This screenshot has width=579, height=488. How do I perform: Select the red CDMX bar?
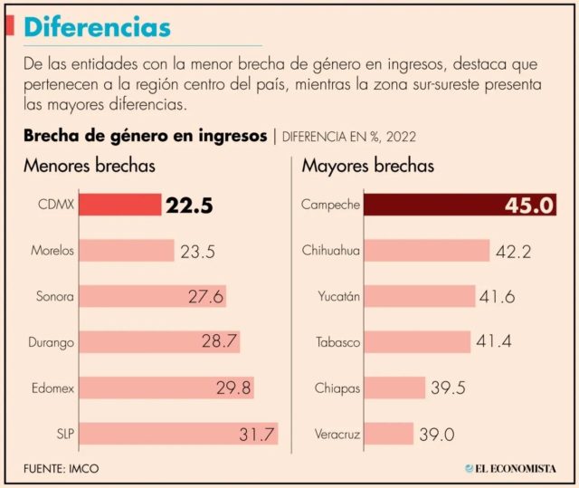120,206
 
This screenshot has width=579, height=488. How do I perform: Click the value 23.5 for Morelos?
197,252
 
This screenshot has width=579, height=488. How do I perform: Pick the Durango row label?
52,342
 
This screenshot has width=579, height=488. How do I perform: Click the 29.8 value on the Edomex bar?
233,388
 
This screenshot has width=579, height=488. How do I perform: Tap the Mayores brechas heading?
367,167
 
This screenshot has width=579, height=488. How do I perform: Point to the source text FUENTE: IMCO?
62,468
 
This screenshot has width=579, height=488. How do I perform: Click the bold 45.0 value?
530,206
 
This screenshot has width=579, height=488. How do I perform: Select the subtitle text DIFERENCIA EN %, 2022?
349,137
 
